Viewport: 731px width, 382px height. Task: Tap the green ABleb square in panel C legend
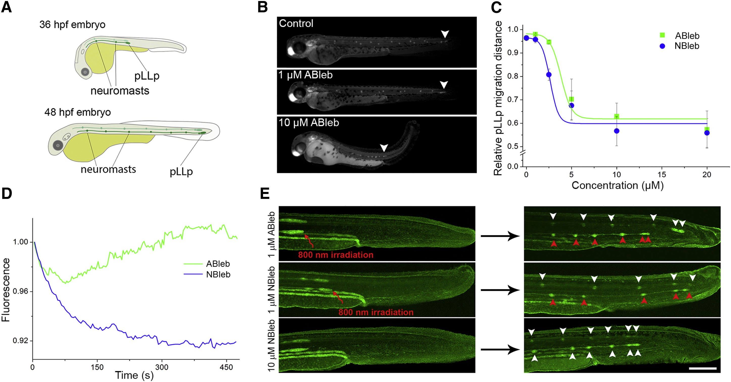pos(662,35)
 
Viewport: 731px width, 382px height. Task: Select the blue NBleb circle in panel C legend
pos(662,46)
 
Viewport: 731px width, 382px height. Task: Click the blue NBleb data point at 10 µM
pos(616,131)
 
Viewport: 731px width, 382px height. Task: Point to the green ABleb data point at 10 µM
pos(616,117)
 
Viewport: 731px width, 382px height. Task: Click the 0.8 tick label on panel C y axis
pos(512,76)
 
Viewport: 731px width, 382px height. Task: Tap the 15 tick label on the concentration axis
pos(662,174)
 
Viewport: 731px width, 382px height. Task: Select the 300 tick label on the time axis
pos(162,367)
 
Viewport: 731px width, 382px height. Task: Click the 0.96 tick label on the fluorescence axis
pos(20,292)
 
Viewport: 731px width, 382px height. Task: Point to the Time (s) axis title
pos(134,375)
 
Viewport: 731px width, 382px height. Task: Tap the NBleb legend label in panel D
pos(218,274)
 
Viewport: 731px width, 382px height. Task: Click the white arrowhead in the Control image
pos(445,34)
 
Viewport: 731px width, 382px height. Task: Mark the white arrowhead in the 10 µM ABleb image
pos(384,147)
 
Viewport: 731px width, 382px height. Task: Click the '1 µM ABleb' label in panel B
pos(305,75)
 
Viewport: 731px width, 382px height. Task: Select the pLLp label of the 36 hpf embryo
pos(147,76)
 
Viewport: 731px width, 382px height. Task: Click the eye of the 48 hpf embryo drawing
pos(58,145)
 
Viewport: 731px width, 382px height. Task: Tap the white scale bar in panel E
pos(702,368)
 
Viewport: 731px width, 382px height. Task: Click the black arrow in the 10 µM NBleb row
pos(500,349)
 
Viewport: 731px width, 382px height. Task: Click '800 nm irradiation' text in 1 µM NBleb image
pos(376,312)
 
